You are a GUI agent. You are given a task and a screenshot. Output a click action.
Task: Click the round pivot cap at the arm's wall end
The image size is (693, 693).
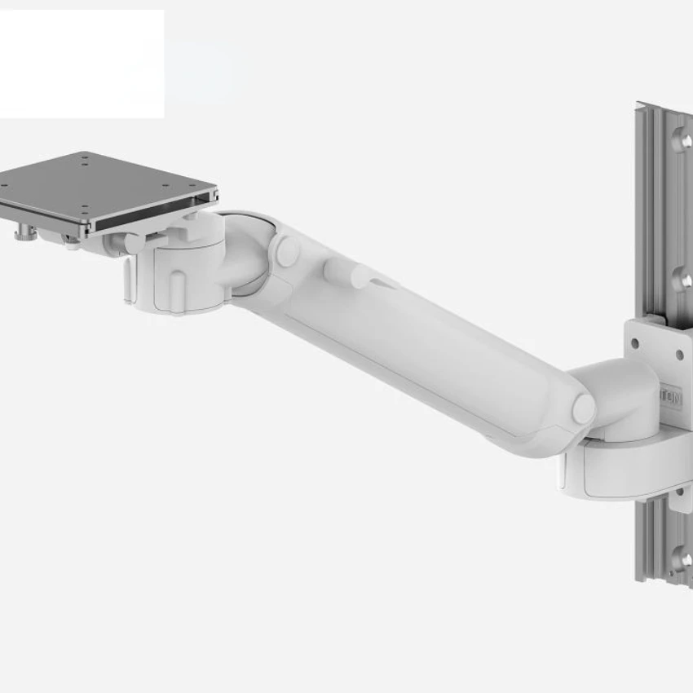click(x=584, y=409)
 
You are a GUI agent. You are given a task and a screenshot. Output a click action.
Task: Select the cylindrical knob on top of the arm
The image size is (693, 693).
click(x=334, y=271)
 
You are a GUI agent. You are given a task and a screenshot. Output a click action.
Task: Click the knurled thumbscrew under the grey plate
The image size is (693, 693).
click(x=22, y=235)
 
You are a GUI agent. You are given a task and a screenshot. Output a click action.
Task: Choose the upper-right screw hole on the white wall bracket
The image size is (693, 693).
click(x=679, y=354)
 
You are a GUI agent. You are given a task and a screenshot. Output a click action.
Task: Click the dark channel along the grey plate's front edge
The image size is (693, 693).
click(x=155, y=215)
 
